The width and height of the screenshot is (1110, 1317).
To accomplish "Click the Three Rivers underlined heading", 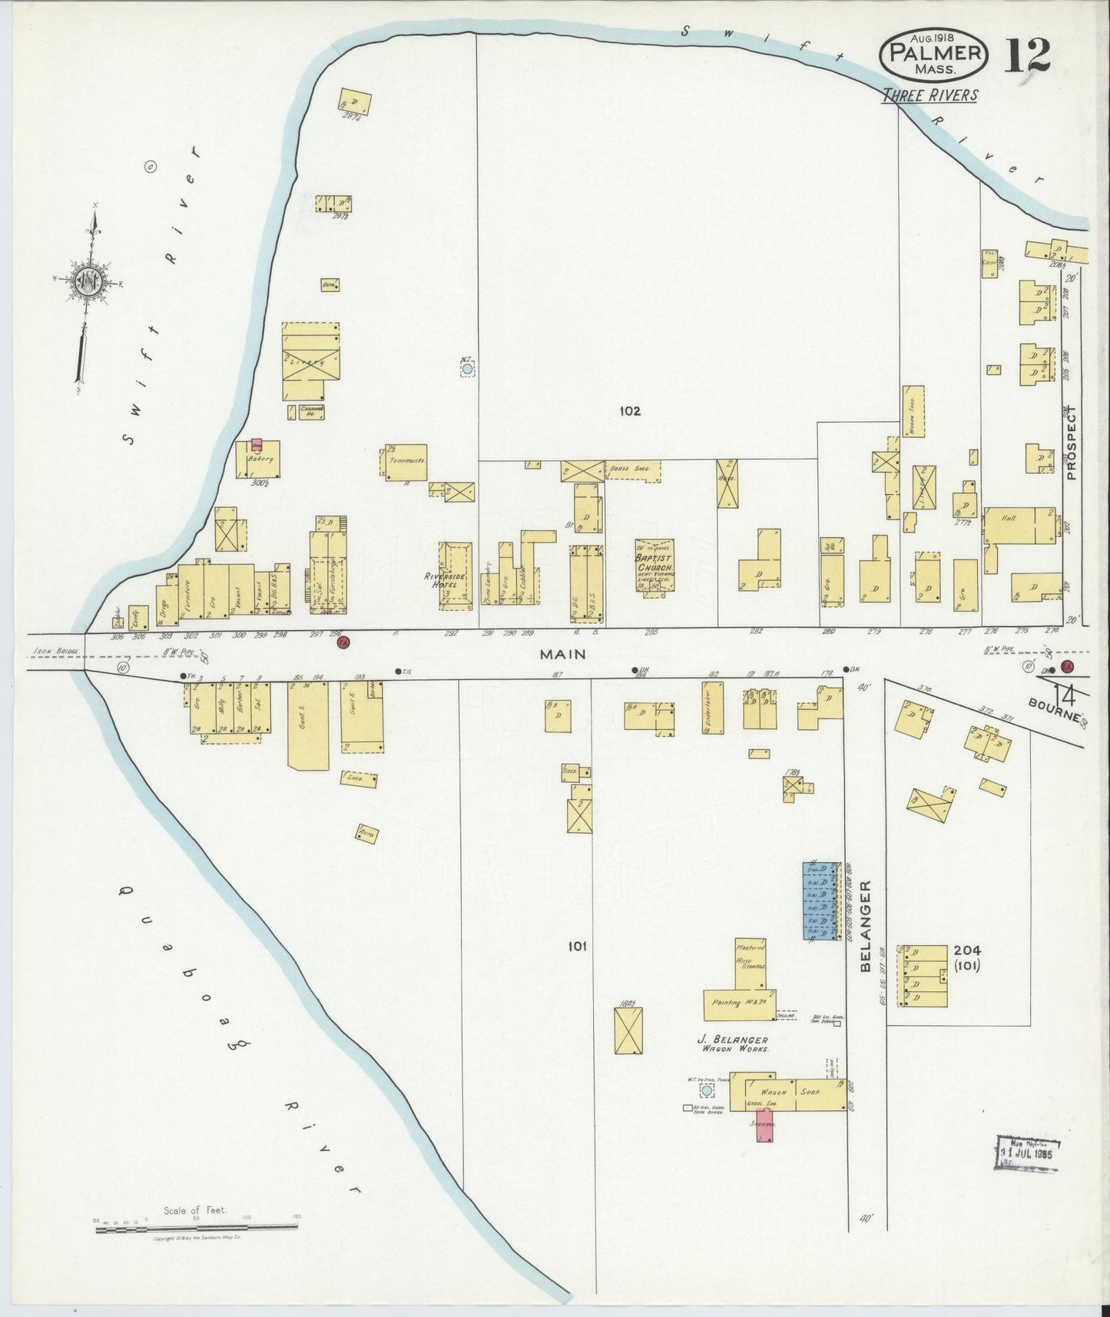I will click(x=929, y=95).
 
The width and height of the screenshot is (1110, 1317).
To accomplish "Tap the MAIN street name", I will click(x=562, y=654).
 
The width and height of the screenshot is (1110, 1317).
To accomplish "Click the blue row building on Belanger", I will click(x=819, y=901).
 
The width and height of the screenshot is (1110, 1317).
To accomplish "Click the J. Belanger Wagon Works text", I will click(x=735, y=1043).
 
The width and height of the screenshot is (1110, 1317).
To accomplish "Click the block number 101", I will click(x=577, y=946).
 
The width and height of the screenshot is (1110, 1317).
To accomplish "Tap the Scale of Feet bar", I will click(x=197, y=1229).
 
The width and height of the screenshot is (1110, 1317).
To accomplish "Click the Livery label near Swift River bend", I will click(x=313, y=360).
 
